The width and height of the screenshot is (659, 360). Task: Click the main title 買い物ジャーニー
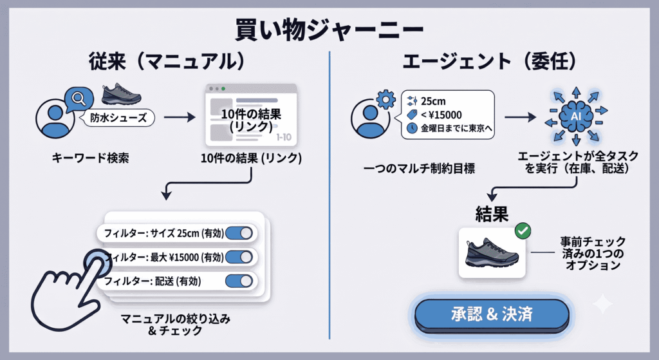pyautogui.click(x=329, y=30)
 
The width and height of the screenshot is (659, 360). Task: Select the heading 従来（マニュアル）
pyautogui.click(x=167, y=62)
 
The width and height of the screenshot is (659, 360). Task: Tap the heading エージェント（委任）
pyautogui.click(x=490, y=62)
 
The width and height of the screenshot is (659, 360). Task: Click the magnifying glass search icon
pyautogui.click(x=79, y=99)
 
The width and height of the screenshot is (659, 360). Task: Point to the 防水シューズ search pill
pyautogui.click(x=118, y=118)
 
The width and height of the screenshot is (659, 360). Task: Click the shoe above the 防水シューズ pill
pyautogui.click(x=121, y=94)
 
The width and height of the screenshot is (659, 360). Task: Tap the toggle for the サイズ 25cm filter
pyautogui.click(x=239, y=233)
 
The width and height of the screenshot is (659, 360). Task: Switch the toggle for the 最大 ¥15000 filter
pyautogui.click(x=239, y=257)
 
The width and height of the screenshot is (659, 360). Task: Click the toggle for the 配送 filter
pyautogui.click(x=239, y=281)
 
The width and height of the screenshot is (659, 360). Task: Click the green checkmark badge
pyautogui.click(x=523, y=231)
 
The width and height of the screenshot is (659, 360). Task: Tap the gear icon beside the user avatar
pyautogui.click(x=386, y=100)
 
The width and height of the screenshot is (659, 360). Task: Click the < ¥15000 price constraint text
pyautogui.click(x=441, y=115)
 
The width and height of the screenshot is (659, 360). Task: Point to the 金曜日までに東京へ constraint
pyautogui.click(x=456, y=128)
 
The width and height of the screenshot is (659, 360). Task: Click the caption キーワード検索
pyautogui.click(x=90, y=158)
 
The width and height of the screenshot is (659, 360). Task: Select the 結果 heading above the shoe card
pyautogui.click(x=492, y=214)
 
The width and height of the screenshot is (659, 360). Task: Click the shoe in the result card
pyautogui.click(x=492, y=252)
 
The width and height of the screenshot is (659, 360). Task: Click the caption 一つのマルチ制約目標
pyautogui.click(x=420, y=169)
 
